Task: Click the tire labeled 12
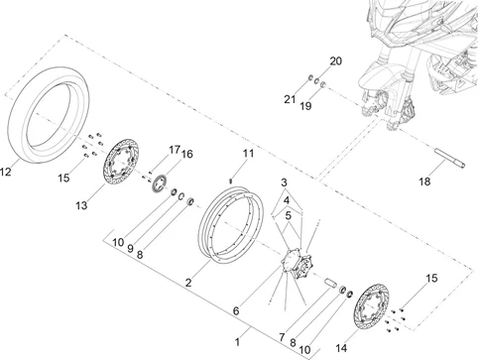[x=17, y=132]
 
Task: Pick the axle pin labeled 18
[x=449, y=159]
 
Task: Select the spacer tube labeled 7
[x=330, y=284]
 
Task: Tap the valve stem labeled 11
[x=231, y=180]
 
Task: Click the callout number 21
[x=290, y=99]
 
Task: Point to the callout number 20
[x=335, y=61]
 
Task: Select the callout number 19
[x=305, y=106]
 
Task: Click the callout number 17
[x=175, y=150]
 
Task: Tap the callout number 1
[x=237, y=342]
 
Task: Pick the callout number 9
[x=130, y=249]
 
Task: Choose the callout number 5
[x=288, y=216]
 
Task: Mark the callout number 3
[x=284, y=182]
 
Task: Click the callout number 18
[x=425, y=181]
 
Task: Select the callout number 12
[x=5, y=172]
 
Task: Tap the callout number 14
[x=341, y=348]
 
